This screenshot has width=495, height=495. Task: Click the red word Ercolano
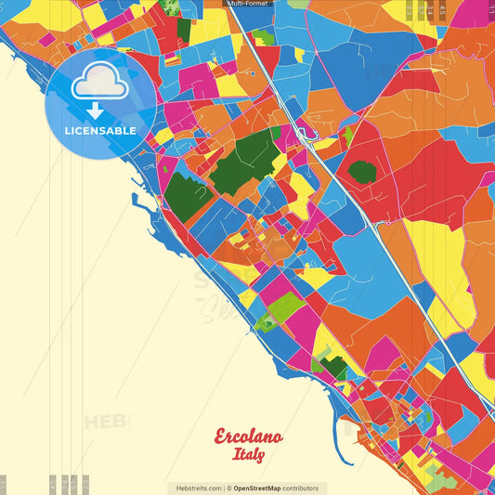click(249, 436)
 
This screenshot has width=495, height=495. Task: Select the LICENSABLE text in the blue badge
click(100, 131)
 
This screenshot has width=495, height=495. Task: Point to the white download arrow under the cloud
click(94, 111)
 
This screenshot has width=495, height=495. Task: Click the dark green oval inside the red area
click(362, 172)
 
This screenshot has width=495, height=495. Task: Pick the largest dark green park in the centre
click(244, 163)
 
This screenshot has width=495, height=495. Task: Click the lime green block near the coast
click(283, 307)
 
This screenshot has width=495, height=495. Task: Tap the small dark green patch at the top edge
click(168, 7)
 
